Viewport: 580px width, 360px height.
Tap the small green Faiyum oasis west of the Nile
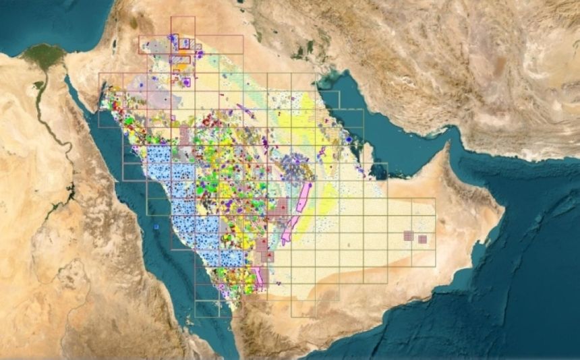pyautogui.click(x=38, y=85)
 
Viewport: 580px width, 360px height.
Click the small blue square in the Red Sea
pyautogui.click(x=156, y=227)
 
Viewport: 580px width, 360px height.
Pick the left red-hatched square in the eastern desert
pyautogui.click(x=408, y=235)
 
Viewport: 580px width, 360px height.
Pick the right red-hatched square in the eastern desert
pyautogui.click(x=422, y=239)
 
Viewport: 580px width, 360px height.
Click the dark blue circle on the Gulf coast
pyautogui.click(x=349, y=140)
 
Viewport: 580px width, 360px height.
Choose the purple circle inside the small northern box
pyautogui.click(x=186, y=82)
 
